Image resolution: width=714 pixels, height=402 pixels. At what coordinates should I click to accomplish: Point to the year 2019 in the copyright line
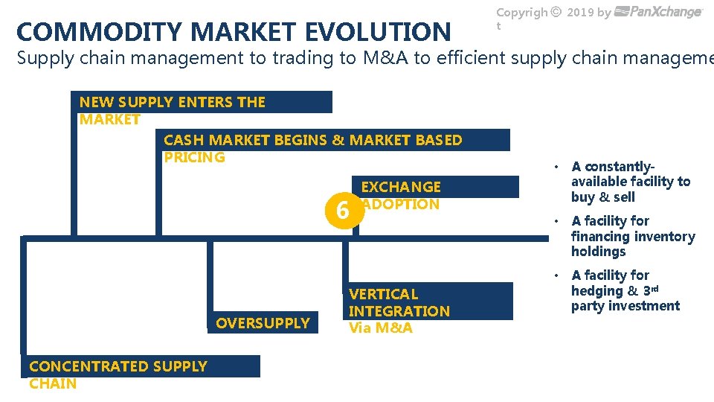coord(582,12)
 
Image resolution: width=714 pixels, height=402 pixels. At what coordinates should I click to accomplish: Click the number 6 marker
coord(342,211)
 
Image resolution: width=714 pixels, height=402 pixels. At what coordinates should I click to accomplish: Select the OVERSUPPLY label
coord(263,323)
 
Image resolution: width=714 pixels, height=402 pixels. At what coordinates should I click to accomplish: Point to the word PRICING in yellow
coord(194,157)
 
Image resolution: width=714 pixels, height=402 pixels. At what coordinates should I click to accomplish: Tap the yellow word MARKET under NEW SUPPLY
coord(110,119)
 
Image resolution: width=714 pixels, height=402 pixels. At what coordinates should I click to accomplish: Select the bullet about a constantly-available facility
coord(630,182)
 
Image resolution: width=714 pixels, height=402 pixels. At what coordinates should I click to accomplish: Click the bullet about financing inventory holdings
coord(632,236)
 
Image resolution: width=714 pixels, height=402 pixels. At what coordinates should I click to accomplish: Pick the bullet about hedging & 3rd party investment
coord(625,290)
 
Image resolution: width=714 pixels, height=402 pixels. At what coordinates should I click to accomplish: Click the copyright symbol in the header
coord(556,12)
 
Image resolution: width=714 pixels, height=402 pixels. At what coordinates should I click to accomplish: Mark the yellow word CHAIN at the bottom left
coord(53,383)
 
